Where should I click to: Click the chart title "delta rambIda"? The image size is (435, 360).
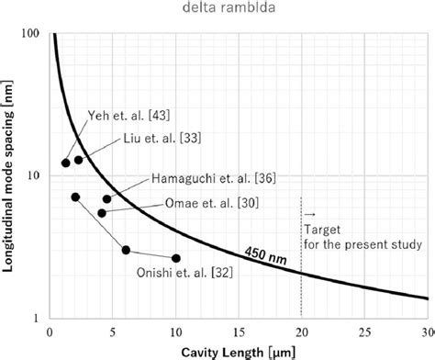(217, 10)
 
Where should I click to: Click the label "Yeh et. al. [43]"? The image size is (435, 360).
(123, 115)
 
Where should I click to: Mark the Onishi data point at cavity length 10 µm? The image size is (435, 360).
(176, 258)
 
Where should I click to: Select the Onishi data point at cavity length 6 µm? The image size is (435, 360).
(126, 250)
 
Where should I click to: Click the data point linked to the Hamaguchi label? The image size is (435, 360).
(106, 198)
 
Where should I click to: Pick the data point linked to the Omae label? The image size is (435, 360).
(102, 213)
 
